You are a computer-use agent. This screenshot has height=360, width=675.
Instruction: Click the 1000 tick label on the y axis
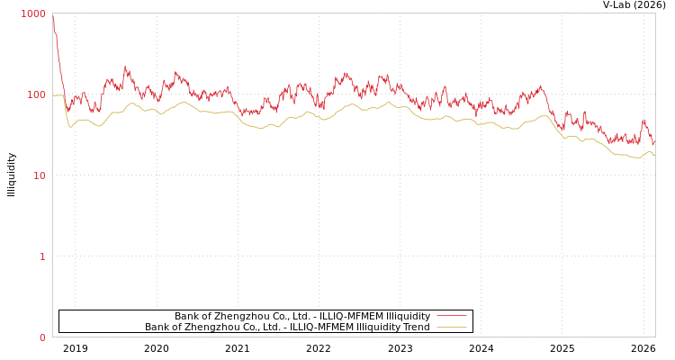[33, 14]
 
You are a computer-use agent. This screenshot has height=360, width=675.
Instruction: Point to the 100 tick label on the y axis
[35, 95]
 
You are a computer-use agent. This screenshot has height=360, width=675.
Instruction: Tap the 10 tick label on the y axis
[39, 176]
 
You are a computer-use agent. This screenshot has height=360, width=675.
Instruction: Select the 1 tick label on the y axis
[41, 257]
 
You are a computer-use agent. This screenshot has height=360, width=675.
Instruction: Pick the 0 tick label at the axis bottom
[41, 338]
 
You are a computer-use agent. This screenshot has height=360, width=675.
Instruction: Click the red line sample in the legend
[451, 316]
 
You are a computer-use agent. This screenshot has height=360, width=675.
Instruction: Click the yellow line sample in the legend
[451, 327]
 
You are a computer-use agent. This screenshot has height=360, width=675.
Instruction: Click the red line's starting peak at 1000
[53, 16]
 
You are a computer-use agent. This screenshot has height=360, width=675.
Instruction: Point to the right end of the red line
[654, 142]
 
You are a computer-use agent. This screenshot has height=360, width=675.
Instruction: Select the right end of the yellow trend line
[654, 155]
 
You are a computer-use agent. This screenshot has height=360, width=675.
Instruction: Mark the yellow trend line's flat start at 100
[58, 94]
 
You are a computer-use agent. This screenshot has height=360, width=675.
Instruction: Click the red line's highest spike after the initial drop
[125, 67]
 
